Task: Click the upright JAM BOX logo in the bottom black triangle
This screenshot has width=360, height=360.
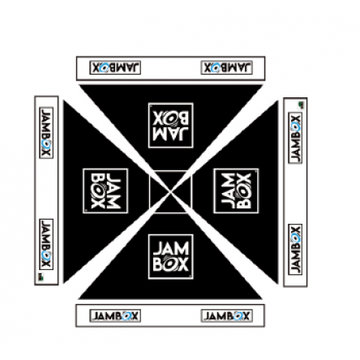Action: point(171,256)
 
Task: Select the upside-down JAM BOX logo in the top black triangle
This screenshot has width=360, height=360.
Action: point(171,125)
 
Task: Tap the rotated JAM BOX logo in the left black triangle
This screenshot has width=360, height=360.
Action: point(105,191)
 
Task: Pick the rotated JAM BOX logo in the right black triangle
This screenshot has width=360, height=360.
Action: point(236,191)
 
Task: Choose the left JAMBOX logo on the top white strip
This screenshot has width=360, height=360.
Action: point(115,67)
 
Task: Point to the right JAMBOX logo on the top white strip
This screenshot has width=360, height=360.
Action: point(227,67)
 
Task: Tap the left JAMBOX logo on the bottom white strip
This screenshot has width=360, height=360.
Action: point(115,315)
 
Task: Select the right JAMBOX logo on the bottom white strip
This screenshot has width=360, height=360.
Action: point(227,315)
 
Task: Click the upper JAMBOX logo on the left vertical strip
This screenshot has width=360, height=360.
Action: point(46,133)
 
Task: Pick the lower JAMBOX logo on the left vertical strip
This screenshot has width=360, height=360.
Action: point(46,244)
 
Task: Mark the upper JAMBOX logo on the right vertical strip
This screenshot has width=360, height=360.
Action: point(295,138)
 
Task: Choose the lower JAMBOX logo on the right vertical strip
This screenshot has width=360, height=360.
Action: point(295,250)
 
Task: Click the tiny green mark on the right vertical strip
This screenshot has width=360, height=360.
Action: point(301,105)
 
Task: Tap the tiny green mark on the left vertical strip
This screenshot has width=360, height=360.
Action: point(41,276)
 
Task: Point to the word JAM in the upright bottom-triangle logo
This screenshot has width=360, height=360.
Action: point(171,249)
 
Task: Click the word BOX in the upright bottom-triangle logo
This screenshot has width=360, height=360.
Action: point(171,264)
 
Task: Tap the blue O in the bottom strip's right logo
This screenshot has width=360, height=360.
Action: point(238,315)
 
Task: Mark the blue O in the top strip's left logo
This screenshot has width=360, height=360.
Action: point(104,67)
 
